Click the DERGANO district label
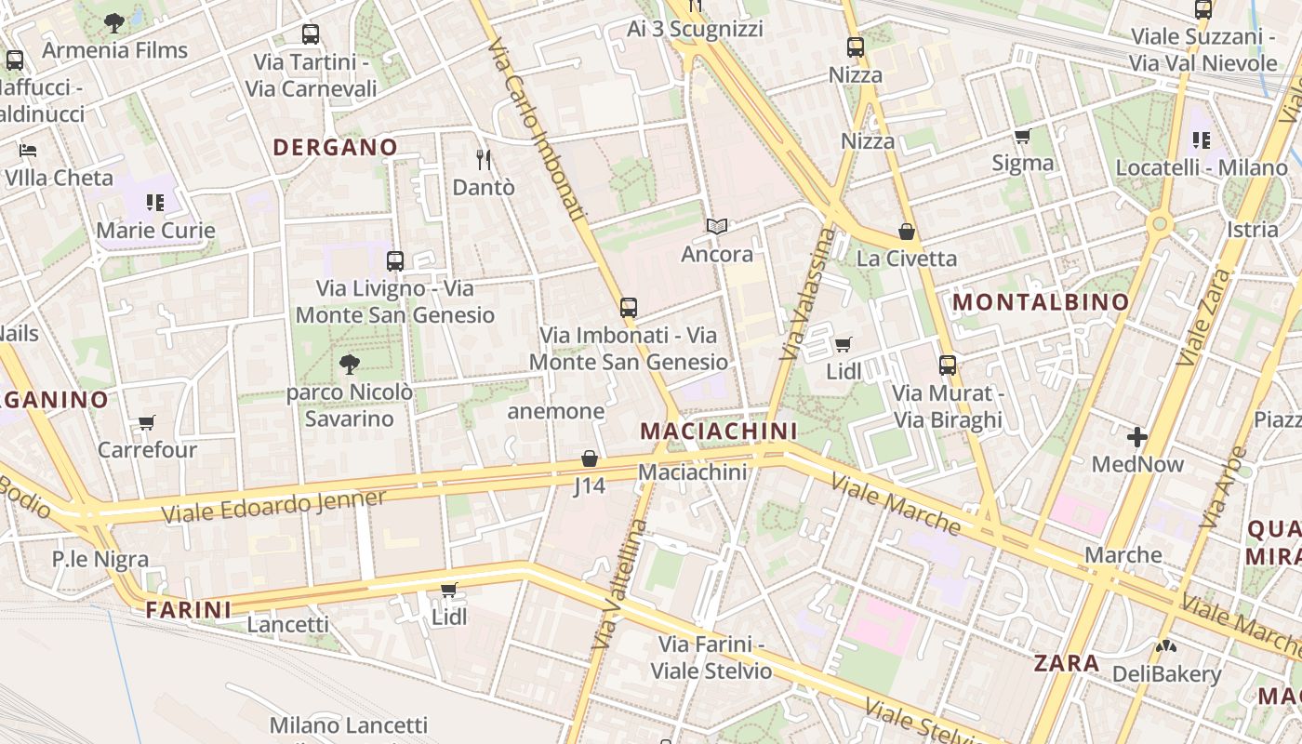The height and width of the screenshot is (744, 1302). (x=335, y=147)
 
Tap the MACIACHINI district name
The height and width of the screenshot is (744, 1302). (x=719, y=431)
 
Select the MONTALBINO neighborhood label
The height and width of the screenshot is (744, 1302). (x=1041, y=301)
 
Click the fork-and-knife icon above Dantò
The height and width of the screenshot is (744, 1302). (x=484, y=160)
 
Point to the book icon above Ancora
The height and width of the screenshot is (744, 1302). (x=716, y=226)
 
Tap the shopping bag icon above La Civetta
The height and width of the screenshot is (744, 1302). (x=906, y=232)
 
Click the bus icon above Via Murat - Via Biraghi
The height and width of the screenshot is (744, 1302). (x=948, y=365)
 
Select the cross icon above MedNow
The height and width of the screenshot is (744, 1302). (x=1137, y=436)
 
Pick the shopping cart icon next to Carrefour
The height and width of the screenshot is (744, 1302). (x=147, y=423)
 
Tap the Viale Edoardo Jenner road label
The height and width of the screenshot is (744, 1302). (x=273, y=506)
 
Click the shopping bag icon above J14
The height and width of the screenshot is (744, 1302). (x=590, y=458)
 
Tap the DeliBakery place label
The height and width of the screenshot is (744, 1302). (x=1166, y=674)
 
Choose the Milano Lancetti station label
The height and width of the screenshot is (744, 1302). (x=349, y=725)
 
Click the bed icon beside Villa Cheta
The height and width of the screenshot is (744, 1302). (x=28, y=151)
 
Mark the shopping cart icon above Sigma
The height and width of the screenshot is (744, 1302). (x=1022, y=137)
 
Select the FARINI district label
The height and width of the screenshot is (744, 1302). (x=189, y=610)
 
